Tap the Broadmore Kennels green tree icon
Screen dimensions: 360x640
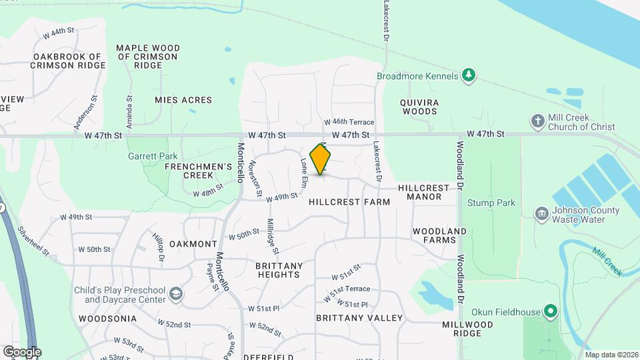click(469, 75)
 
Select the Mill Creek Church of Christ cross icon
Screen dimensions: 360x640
click(537, 121)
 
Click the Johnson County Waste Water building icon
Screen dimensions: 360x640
click(541, 215)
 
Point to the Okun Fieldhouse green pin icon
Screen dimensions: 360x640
click(550, 311)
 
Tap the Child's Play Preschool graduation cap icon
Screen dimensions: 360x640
click(175, 294)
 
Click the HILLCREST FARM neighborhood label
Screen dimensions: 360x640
click(349, 201)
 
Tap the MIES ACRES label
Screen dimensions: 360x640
click(183, 100)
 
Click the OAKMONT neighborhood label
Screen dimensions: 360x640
click(193, 244)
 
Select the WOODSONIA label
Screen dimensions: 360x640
click(107, 319)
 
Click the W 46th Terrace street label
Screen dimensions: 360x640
click(349, 123)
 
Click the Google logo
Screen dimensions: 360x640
click(21, 351)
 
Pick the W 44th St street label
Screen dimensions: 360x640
click(57, 31)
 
